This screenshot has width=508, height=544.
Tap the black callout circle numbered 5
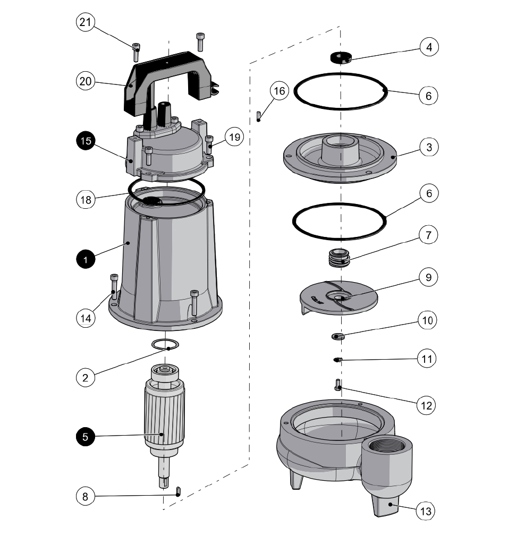(x=85, y=437)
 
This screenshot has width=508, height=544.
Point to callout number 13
(x=427, y=511)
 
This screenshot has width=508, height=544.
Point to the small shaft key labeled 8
(x=179, y=490)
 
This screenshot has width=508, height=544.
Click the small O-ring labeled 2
(x=165, y=344)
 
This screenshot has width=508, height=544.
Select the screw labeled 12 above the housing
(x=338, y=385)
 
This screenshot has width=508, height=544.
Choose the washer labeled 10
(x=338, y=336)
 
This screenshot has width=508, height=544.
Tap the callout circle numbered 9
(x=428, y=277)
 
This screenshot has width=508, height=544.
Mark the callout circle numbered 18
(x=85, y=200)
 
